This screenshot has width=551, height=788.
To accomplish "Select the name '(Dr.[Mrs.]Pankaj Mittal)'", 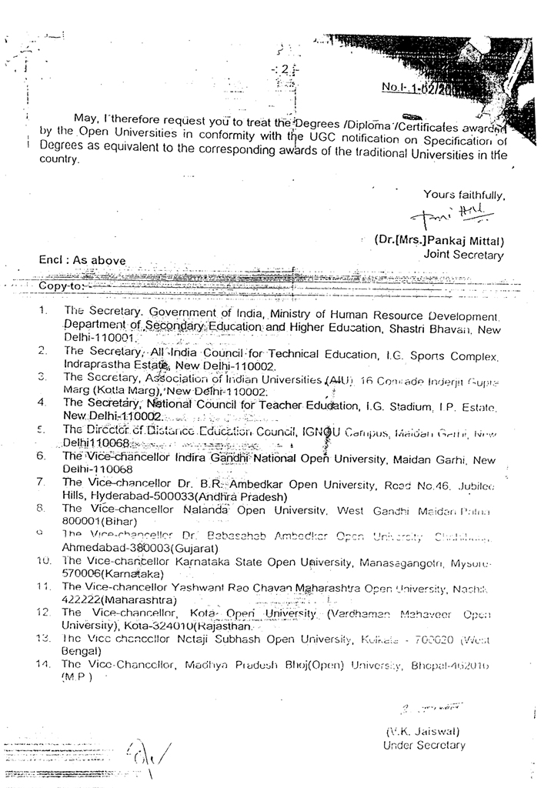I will pyautogui.click(x=439, y=240).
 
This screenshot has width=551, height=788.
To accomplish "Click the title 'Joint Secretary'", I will pyautogui.click(x=463, y=255).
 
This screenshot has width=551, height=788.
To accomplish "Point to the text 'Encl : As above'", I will pyautogui.click(x=82, y=260).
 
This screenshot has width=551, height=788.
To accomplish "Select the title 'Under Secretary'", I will pyautogui.click(x=424, y=745).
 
